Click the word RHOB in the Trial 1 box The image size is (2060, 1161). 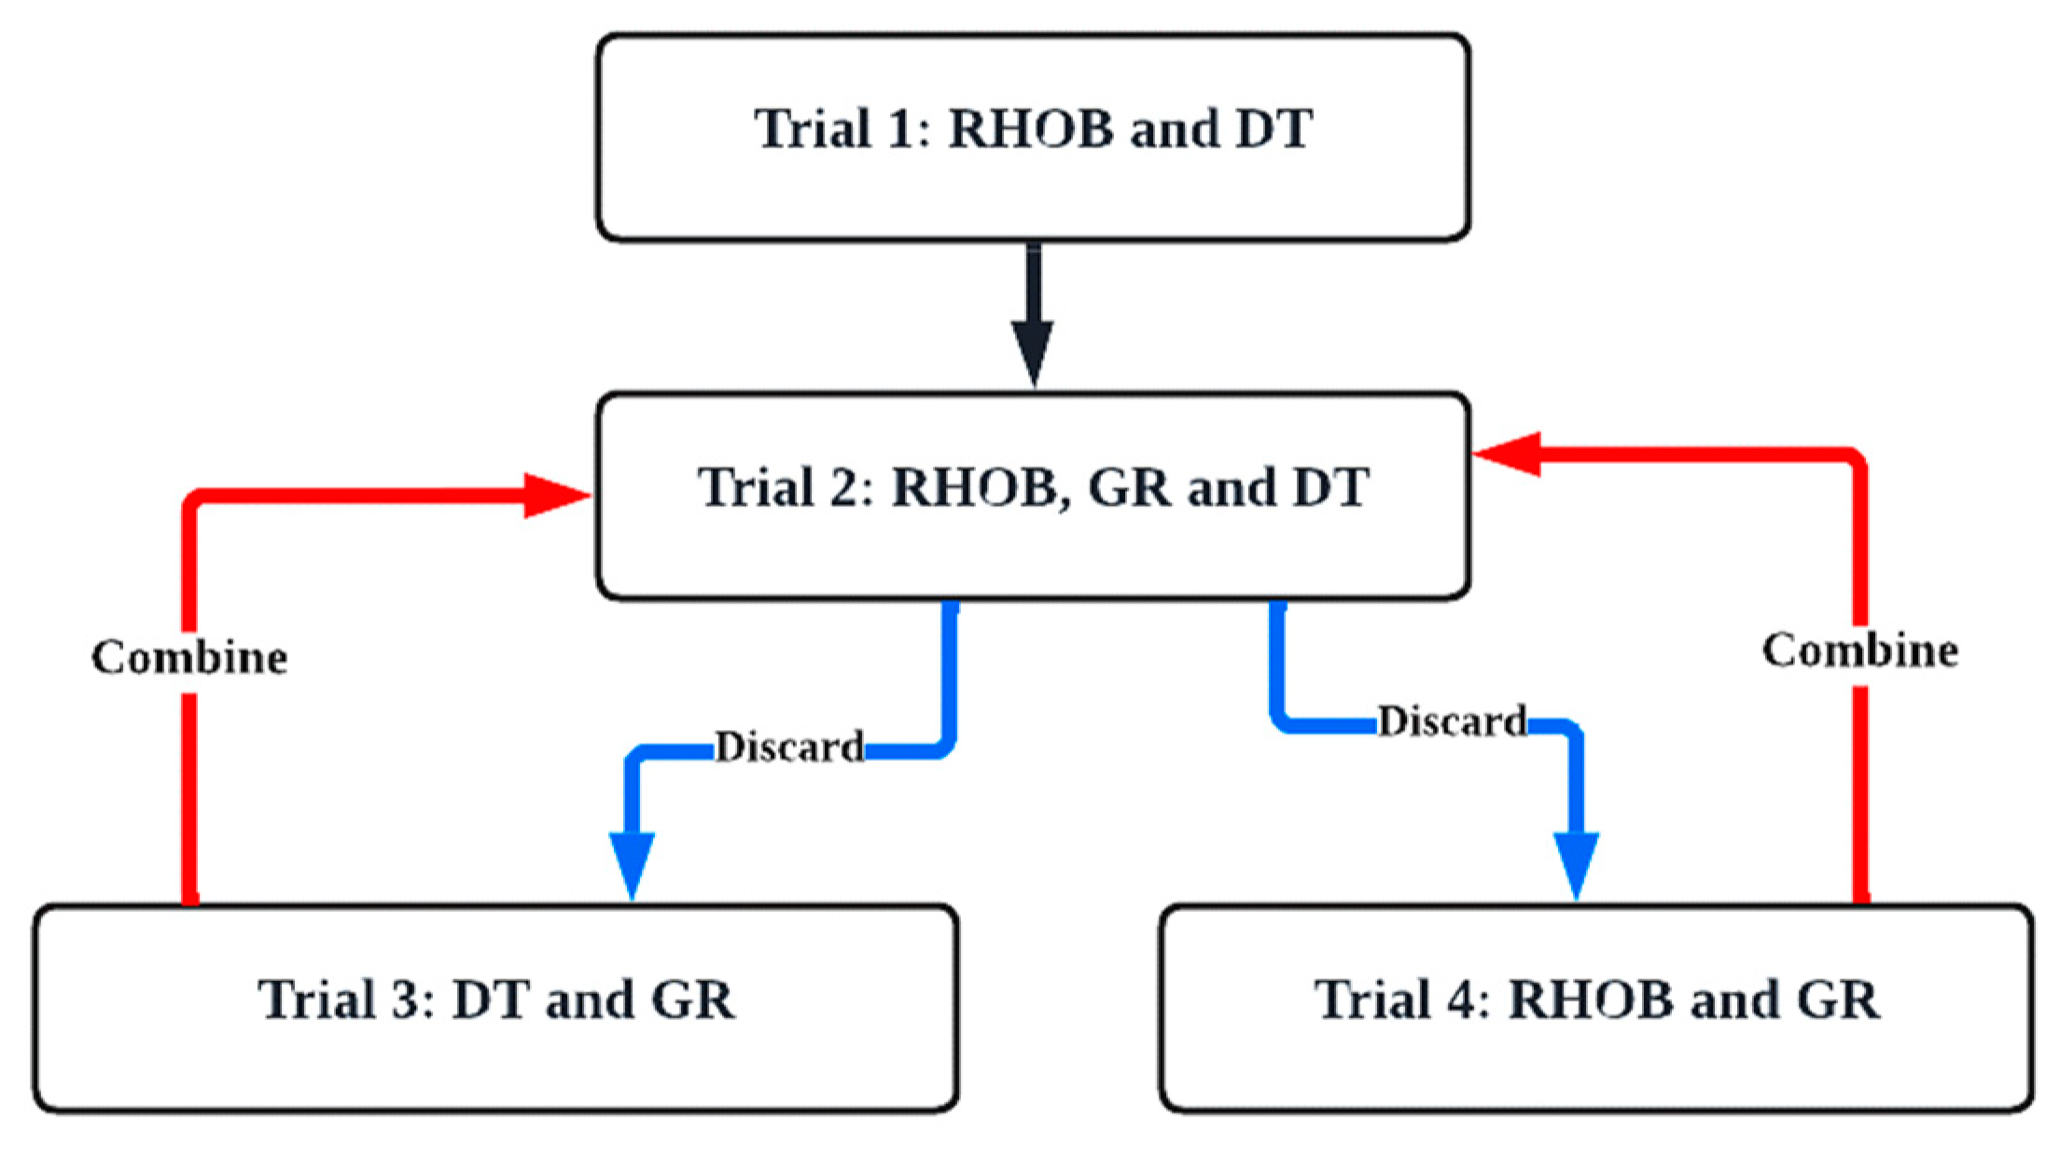point(1031,129)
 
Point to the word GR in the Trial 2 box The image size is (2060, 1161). point(1129,487)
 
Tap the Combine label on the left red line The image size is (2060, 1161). point(189,657)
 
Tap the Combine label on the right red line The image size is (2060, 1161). point(1859,650)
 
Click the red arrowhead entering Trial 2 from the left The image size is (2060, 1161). point(555,496)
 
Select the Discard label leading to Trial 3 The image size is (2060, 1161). point(789,748)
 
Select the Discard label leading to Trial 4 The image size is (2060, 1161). point(1452,721)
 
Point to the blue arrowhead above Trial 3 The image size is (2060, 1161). point(632,863)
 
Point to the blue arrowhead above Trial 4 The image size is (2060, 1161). point(1576,863)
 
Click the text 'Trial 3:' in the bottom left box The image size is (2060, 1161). point(346,1000)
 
